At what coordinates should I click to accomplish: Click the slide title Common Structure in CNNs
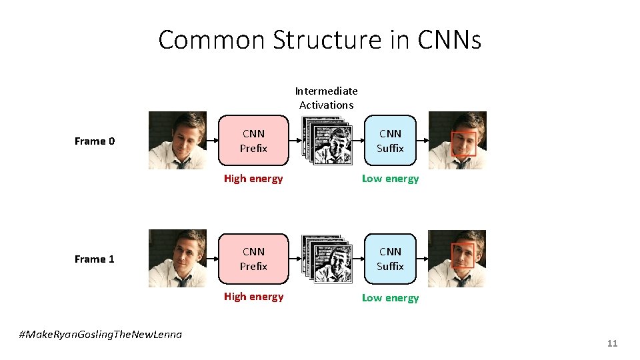point(319,40)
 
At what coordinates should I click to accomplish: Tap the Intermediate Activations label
point(326,98)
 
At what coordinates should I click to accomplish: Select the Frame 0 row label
point(95,141)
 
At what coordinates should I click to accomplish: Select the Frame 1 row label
point(95,259)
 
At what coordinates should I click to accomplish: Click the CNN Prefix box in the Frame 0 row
point(253,141)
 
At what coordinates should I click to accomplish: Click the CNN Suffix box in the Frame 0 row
point(390,141)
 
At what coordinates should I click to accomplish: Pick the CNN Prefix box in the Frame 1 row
point(253,259)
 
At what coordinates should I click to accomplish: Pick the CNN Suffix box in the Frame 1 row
point(390,259)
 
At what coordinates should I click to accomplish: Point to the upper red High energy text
point(253,179)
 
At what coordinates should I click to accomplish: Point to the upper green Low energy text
point(390,179)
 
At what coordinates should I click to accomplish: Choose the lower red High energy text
point(253,297)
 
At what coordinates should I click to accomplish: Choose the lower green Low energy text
point(390,297)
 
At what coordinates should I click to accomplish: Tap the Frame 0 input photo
point(177,140)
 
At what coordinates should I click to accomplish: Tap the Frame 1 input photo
point(177,258)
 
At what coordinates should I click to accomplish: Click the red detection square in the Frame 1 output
point(463,255)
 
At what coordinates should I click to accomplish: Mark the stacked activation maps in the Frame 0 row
point(326,140)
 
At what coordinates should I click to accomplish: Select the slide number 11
point(612,343)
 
